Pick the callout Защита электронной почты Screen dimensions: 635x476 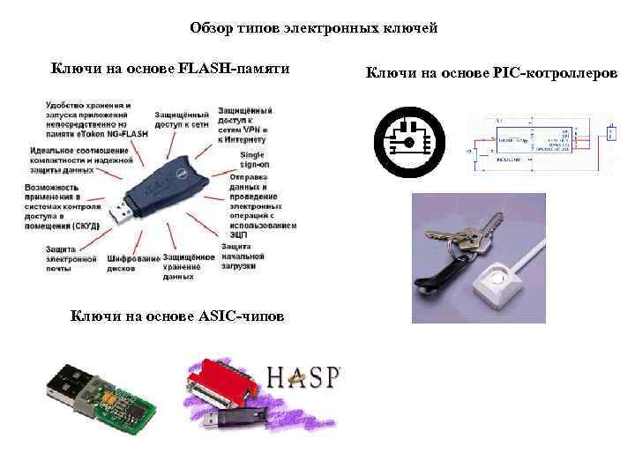(71, 256)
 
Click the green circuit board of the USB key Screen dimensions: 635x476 (123, 401)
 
